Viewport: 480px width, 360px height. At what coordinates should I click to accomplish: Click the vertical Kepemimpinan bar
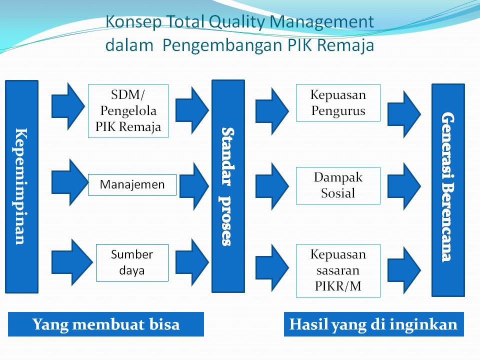pos(21,186)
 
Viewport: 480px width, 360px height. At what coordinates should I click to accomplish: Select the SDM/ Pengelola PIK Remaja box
pos(128,110)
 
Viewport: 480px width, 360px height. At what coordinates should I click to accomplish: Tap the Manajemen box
pos(132,184)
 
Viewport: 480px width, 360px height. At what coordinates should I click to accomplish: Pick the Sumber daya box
pos(132,262)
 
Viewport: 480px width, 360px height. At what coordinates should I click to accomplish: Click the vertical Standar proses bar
pos(228,186)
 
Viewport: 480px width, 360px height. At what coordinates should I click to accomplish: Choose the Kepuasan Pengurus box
pos(338,102)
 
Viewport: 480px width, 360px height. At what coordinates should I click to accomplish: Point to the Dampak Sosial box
pos(338,185)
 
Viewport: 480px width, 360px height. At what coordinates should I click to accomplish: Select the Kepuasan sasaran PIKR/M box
pos(338,270)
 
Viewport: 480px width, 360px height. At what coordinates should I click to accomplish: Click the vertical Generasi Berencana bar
pos(448,190)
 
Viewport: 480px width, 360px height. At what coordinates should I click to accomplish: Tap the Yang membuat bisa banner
pos(106,324)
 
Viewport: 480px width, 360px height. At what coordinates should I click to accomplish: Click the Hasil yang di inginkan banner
pos(373,324)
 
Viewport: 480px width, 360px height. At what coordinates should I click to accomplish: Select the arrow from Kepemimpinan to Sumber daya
pos(68,262)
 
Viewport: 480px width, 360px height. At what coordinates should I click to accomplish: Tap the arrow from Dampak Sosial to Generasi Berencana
pos(404,186)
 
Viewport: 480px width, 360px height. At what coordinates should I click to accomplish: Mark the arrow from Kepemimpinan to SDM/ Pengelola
pos(68,106)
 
